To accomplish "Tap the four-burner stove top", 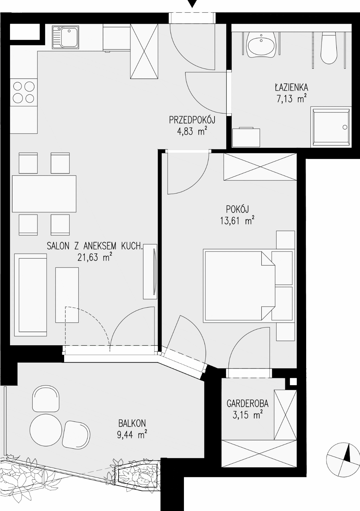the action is pos(24,93).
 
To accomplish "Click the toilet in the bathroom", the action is pos(329,47).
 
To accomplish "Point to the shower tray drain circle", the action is pos(345,127).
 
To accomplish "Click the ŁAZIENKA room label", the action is pos(291,87).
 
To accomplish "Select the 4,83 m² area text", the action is pos(192,131).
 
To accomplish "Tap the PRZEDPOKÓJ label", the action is pos(192,120).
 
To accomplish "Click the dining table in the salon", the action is pos(44,194).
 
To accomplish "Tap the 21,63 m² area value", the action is pos(95,258).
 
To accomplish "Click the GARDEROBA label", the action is pos(247,404).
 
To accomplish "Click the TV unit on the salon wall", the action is pos(150,272).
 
